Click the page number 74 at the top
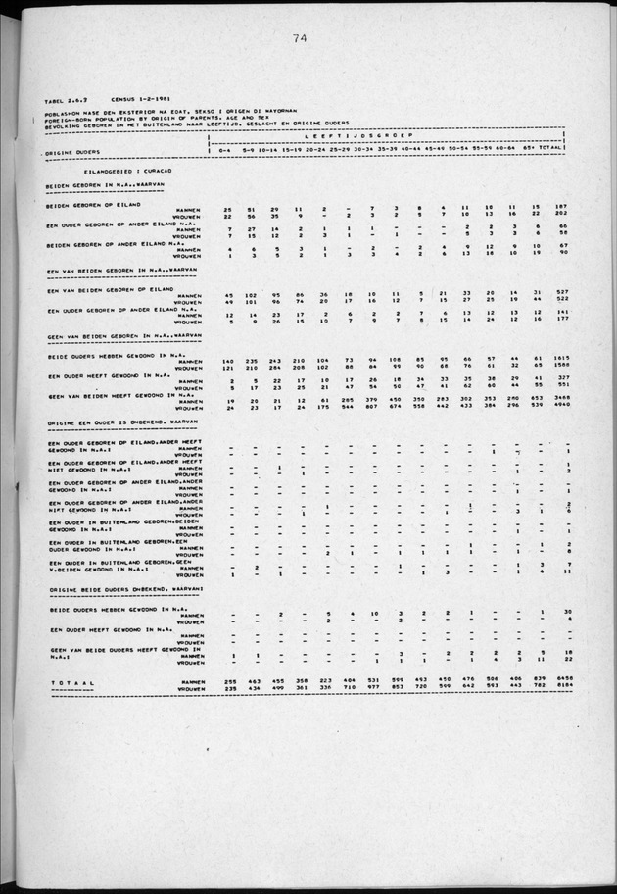click(x=301, y=38)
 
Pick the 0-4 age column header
click(x=227, y=148)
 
